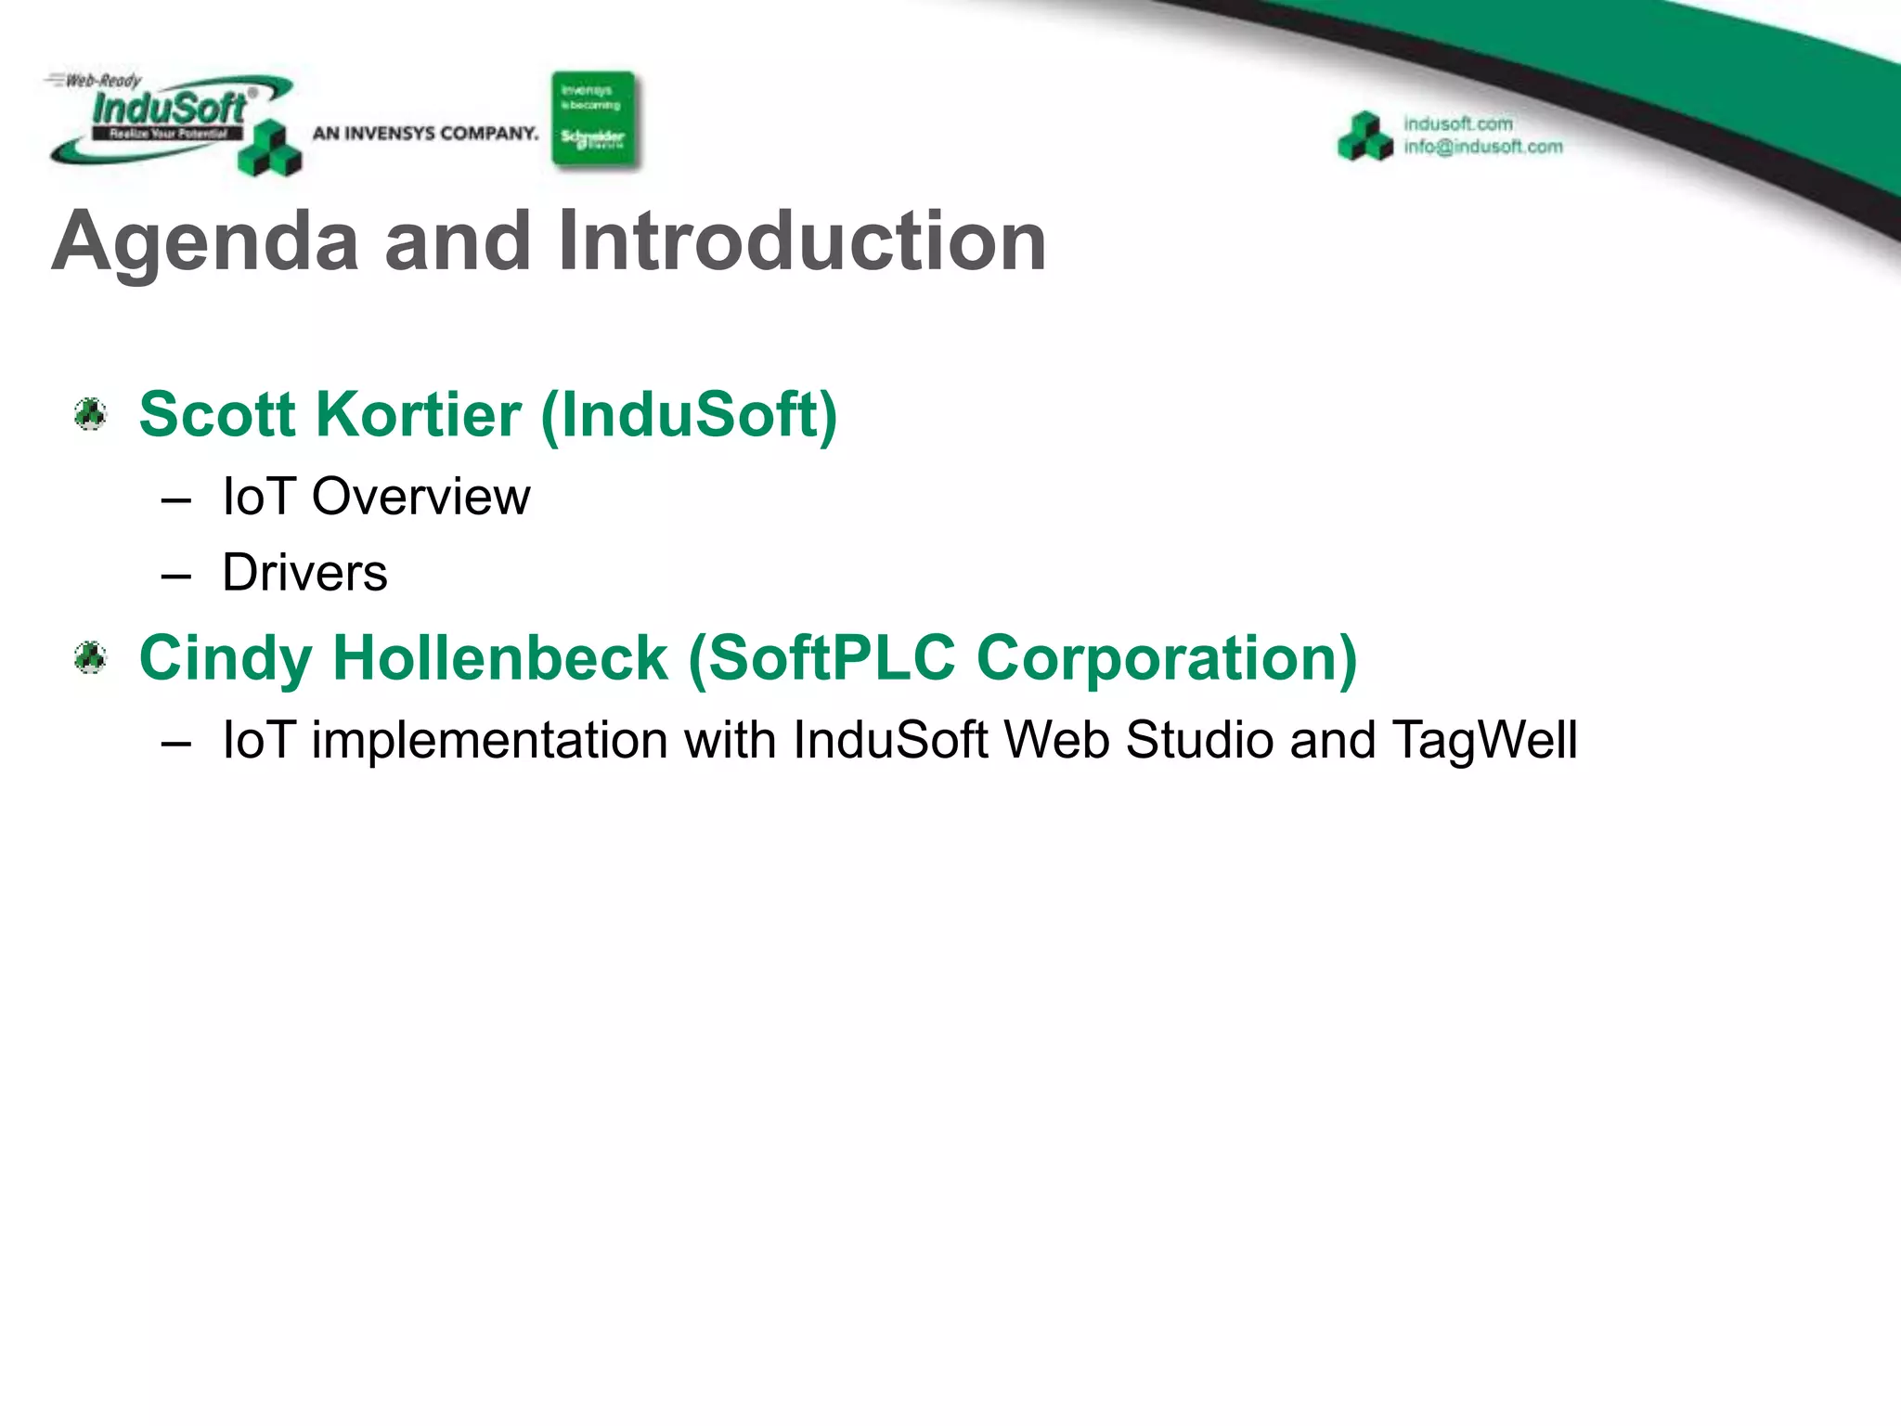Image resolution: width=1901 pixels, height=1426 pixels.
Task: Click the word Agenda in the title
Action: click(205, 243)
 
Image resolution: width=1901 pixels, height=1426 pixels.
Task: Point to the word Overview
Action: click(420, 497)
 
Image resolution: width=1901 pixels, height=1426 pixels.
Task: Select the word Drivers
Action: click(304, 573)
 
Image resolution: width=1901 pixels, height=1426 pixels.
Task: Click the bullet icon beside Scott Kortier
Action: click(91, 414)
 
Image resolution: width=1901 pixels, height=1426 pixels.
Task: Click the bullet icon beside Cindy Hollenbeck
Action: click(91, 658)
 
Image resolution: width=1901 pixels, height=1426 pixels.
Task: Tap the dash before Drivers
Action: click(175, 576)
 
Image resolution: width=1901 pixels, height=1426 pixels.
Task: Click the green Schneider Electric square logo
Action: click(594, 120)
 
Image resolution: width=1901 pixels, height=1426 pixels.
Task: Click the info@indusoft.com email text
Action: click(1482, 147)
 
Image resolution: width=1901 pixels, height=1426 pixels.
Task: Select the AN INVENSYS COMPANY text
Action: click(425, 134)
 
